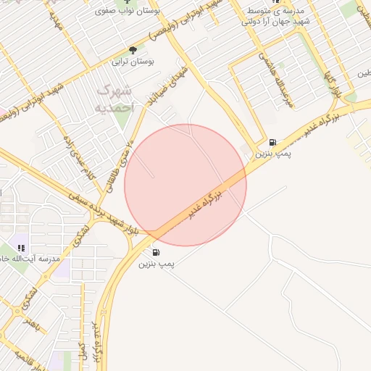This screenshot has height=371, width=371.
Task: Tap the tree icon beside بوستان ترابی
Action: (133, 50)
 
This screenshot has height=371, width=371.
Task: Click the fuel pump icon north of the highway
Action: (272, 142)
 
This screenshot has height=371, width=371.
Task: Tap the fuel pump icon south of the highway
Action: (157, 252)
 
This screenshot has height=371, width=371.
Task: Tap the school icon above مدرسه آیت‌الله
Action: (22, 248)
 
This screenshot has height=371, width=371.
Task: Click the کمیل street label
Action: (82, 351)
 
